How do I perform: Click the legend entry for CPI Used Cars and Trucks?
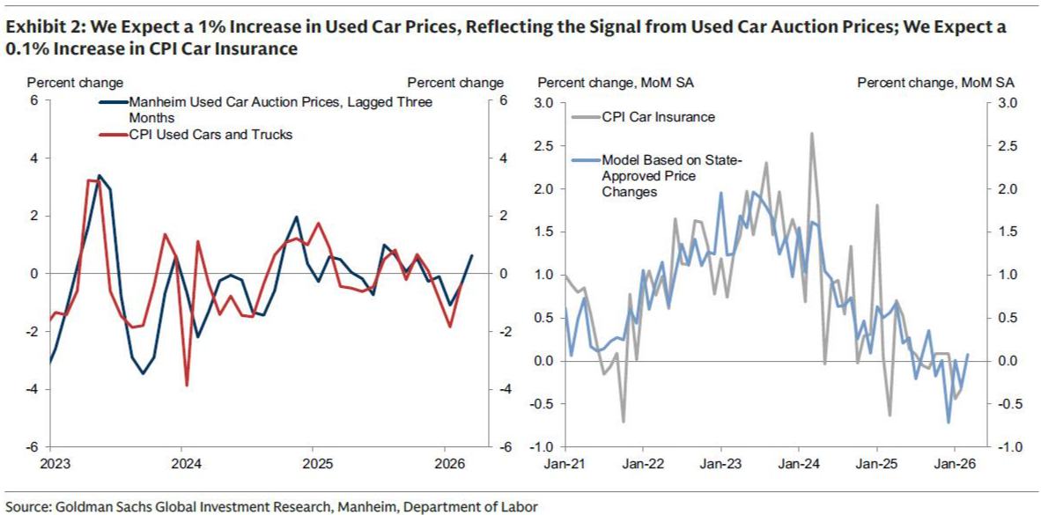pyautogui.click(x=211, y=135)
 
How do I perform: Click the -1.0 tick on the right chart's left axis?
pyautogui.click(x=542, y=447)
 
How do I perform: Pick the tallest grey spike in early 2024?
pyautogui.click(x=810, y=133)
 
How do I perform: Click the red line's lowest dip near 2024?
pyautogui.click(x=187, y=385)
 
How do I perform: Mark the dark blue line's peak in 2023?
pyautogui.click(x=99, y=176)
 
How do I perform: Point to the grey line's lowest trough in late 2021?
pyautogui.click(x=624, y=422)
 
